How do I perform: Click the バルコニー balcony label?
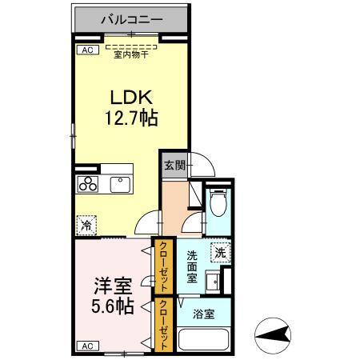click(131, 17)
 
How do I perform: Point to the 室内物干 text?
click(131, 54)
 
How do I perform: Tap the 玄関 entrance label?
click(174, 166)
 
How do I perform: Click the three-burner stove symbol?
click(87, 184)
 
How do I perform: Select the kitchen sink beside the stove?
click(120, 185)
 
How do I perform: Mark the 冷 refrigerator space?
click(86, 226)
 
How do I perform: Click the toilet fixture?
click(218, 204)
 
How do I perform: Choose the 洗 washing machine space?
click(221, 251)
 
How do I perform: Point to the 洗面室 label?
click(193, 267)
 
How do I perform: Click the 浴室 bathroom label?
click(204, 314)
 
